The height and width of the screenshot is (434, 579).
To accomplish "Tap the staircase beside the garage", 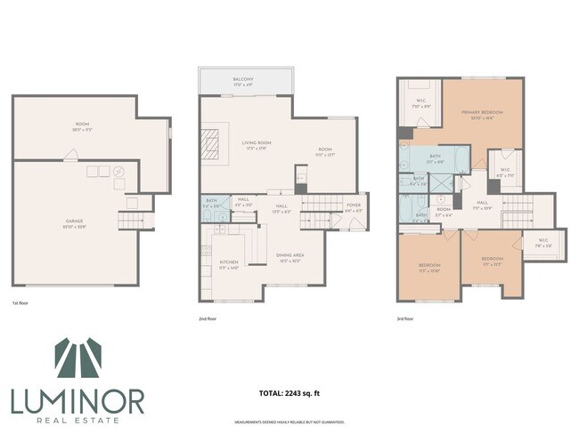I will point(134,220).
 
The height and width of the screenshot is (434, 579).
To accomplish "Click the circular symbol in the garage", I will point(119,172).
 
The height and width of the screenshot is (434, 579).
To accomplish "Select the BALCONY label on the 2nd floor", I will point(243,80).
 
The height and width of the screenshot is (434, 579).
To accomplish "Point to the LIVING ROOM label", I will point(257,143).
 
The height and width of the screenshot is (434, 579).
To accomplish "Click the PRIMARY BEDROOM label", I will point(482,113).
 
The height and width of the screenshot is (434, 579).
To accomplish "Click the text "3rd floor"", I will point(405,317).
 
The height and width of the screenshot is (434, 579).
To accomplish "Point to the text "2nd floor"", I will point(208,317).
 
